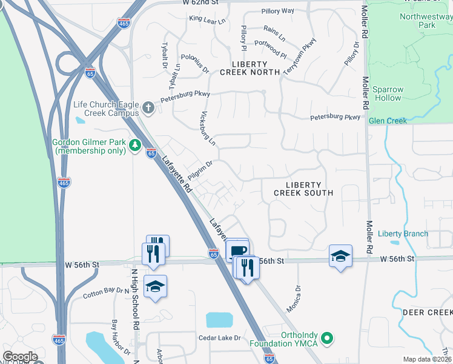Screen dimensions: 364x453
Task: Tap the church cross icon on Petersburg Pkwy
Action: tap(148, 109)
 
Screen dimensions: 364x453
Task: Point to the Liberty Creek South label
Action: tap(303, 188)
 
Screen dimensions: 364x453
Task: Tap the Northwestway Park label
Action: tap(426, 21)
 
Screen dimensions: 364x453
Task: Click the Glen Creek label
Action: tap(388, 121)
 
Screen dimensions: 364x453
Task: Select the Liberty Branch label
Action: tap(403, 234)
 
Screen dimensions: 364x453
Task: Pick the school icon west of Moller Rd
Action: tap(340, 255)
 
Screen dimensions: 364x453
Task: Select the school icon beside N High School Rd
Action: tap(156, 286)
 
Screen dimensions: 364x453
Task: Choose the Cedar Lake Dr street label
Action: tap(220, 337)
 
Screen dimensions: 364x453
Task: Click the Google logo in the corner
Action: tap(20, 357)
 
